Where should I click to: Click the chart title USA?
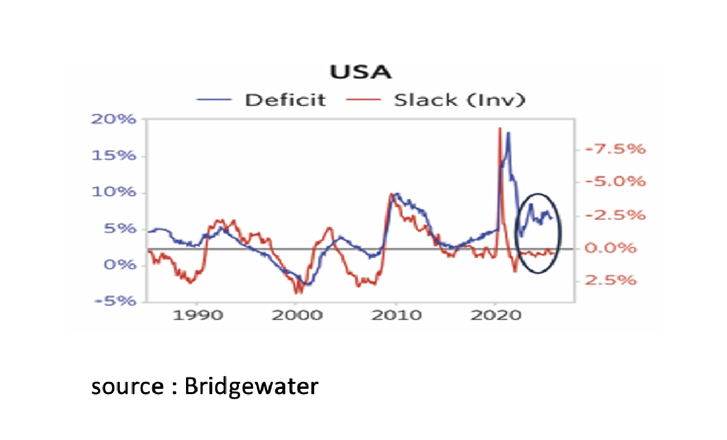click(x=360, y=72)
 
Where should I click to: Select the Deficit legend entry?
click(x=284, y=100)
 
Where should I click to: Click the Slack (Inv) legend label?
click(x=459, y=100)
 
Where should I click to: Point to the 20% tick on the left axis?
click(x=114, y=121)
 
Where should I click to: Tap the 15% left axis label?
click(x=114, y=157)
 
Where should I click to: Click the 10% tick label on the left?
click(x=114, y=193)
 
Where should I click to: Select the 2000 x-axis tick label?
click(x=296, y=315)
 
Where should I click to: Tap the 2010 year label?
click(x=396, y=315)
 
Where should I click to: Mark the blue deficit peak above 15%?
click(x=508, y=133)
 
